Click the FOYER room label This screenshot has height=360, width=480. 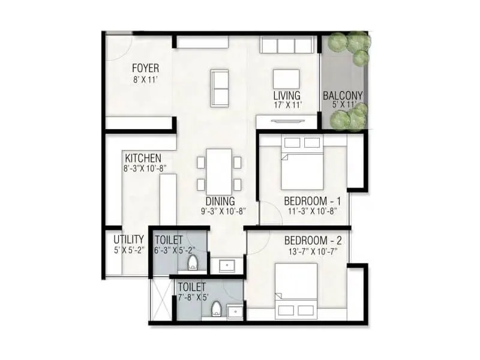[145, 68]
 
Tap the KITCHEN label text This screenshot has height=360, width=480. [142, 158]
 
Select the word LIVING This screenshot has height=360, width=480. [287, 95]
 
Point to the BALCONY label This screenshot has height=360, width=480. [343, 95]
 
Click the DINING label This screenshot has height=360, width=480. [220, 202]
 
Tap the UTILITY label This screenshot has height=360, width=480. [125, 239]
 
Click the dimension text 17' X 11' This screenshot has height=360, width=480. [287, 105]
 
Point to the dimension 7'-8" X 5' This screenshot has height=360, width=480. [192, 297]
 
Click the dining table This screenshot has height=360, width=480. [220, 169]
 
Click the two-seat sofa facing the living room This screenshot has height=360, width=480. [220, 86]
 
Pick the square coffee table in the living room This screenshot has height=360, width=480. [286, 79]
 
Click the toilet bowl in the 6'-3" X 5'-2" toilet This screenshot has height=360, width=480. [193, 262]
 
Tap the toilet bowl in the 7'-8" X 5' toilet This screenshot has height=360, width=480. [217, 309]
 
